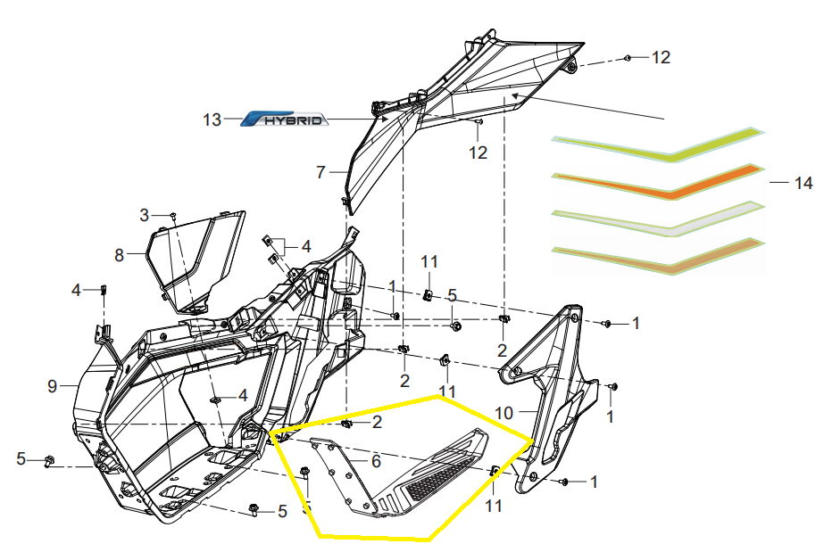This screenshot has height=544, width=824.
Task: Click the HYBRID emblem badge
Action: [x=287, y=119]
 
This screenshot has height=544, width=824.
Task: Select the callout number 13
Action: [x=211, y=120]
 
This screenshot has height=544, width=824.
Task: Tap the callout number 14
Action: [x=803, y=183]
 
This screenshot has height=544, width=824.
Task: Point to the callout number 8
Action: [x=119, y=255]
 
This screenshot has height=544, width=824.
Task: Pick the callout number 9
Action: [x=53, y=386]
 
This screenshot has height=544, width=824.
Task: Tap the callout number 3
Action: [x=145, y=215]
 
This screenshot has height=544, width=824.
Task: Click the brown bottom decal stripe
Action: [x=661, y=257]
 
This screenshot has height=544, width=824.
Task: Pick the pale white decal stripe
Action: [x=661, y=219]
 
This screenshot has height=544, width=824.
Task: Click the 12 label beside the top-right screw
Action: [x=660, y=58]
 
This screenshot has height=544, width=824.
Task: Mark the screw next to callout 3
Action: [x=173, y=216]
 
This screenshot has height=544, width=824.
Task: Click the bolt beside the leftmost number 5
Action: [x=51, y=460]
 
